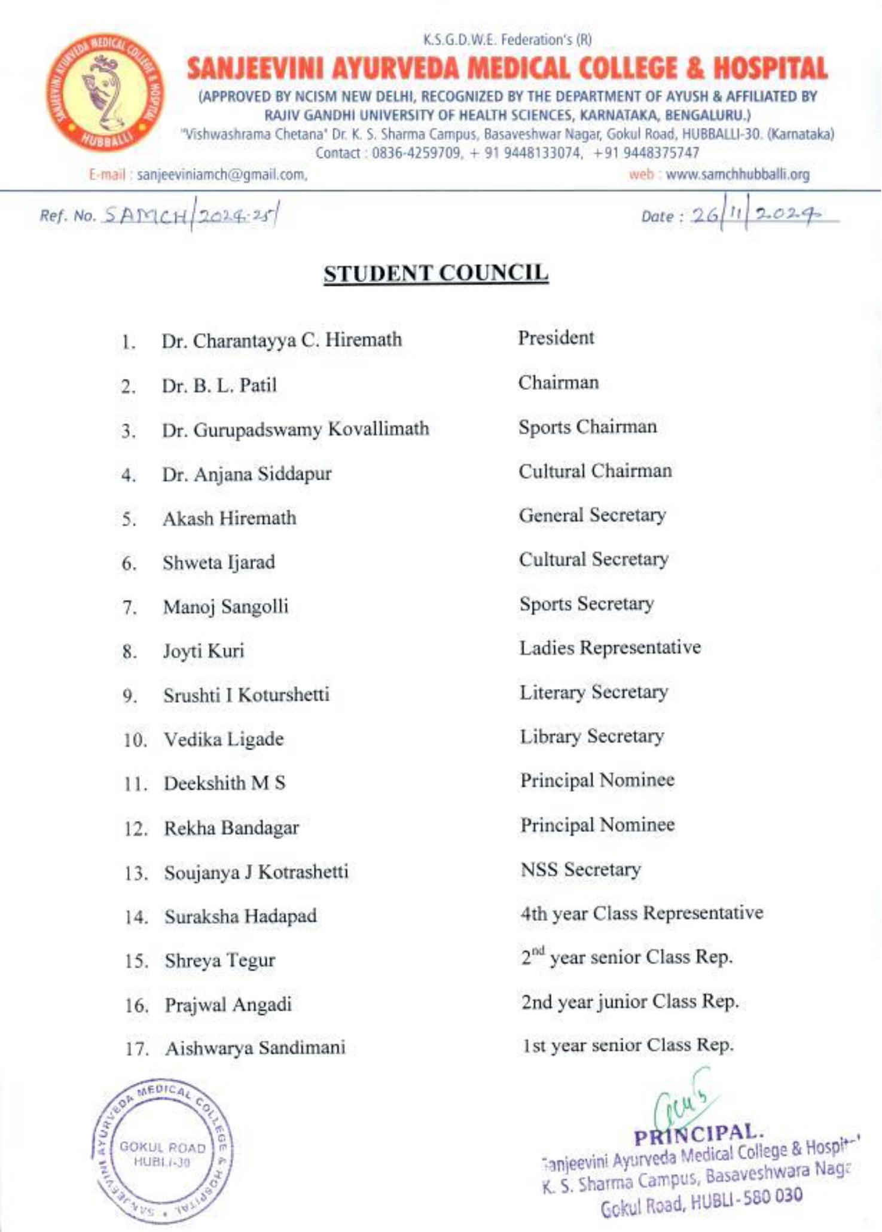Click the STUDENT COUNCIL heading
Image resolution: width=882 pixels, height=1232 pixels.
[x=436, y=273]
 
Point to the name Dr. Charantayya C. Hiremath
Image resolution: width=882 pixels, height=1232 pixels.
[x=282, y=340]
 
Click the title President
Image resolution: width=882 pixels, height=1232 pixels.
[x=556, y=338]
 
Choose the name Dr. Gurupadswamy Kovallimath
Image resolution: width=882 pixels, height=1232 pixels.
[x=295, y=429]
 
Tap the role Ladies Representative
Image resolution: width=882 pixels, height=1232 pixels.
[x=610, y=648]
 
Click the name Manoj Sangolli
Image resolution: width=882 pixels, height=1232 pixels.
[x=225, y=607]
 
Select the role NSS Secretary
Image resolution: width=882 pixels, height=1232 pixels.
[x=581, y=870]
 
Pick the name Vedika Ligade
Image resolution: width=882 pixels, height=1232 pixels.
[x=224, y=740]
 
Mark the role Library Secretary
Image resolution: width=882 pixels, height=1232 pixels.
[x=592, y=737]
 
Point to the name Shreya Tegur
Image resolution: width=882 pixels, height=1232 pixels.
[x=220, y=961]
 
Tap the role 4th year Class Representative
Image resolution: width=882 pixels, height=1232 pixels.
[x=642, y=914]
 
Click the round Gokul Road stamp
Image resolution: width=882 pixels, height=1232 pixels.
[x=162, y=1154]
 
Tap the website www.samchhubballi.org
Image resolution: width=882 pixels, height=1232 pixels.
[x=738, y=175]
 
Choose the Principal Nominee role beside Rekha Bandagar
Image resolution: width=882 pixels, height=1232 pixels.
[x=597, y=825]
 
